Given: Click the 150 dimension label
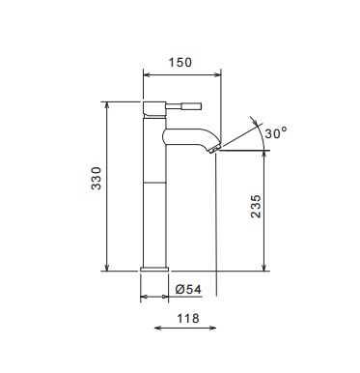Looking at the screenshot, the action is tap(180, 62).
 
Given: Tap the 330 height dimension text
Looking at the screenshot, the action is tap(97, 178).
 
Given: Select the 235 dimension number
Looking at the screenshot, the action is tap(256, 207).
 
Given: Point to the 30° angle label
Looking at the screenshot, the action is tap(276, 132).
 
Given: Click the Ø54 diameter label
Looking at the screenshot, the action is tap(188, 289).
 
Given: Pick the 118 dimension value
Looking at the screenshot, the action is tap(188, 318).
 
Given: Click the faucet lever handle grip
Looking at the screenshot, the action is tap(192, 106).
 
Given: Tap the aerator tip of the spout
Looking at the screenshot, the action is tap(214, 150).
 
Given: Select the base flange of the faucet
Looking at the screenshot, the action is tap(154, 269).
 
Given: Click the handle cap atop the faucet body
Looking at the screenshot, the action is tap(154, 109).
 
